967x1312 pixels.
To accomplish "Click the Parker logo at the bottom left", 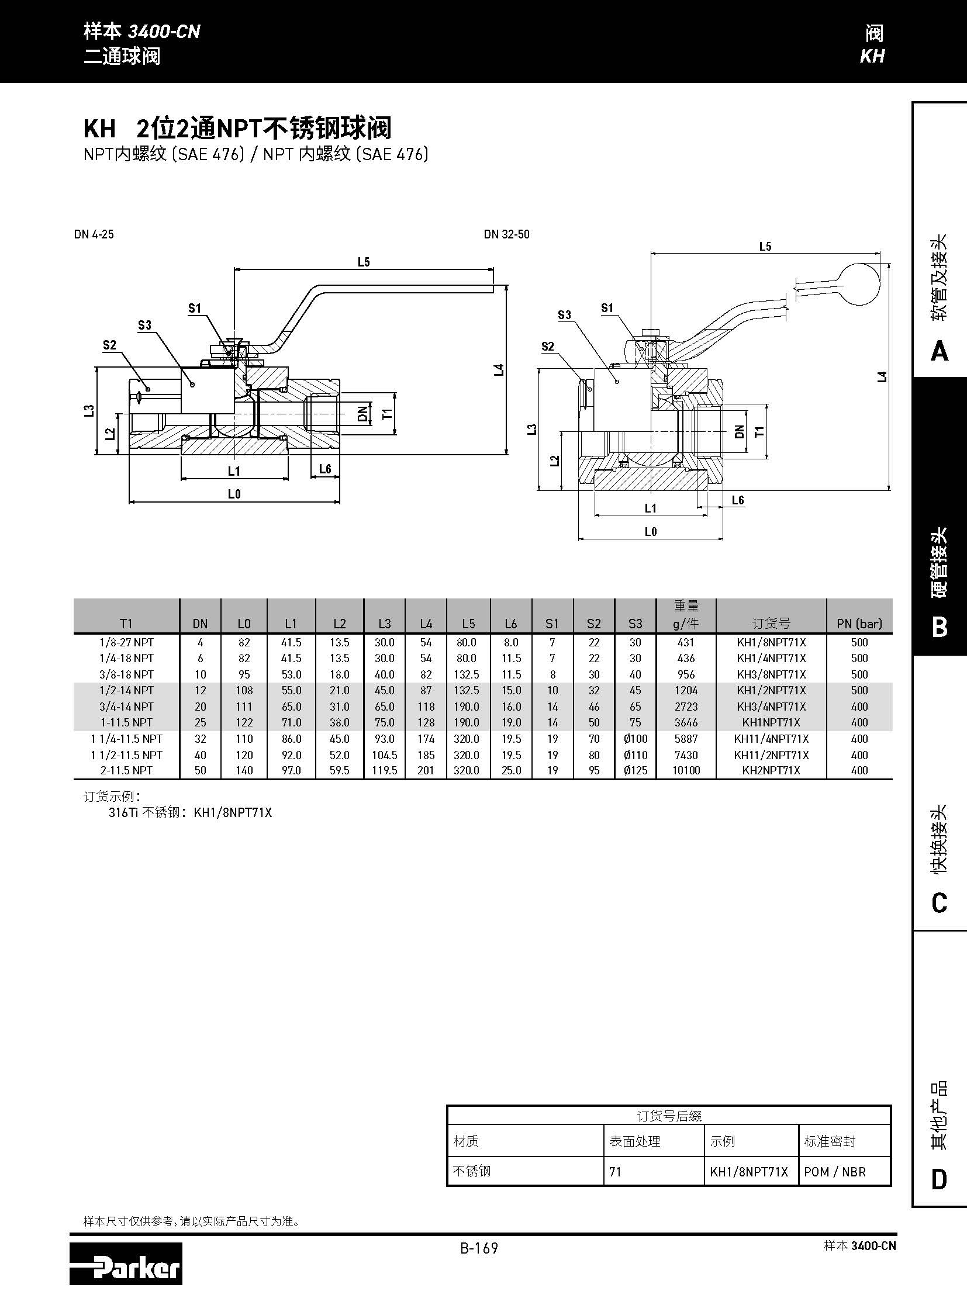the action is (126, 1263).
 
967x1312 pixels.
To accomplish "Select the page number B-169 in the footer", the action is (479, 1248).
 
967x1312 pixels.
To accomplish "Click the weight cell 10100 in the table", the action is (686, 771).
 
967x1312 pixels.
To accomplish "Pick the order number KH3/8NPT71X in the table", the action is (771, 674).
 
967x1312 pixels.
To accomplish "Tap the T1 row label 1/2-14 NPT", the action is (126, 691).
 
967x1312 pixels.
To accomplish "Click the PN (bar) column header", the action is (859, 624).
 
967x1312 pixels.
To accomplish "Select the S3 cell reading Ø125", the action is (635, 771).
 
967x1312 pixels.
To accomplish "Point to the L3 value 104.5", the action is (385, 755).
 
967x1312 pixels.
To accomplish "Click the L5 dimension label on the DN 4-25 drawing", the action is (364, 262).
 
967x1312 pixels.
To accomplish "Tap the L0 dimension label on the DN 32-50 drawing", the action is (650, 531).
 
